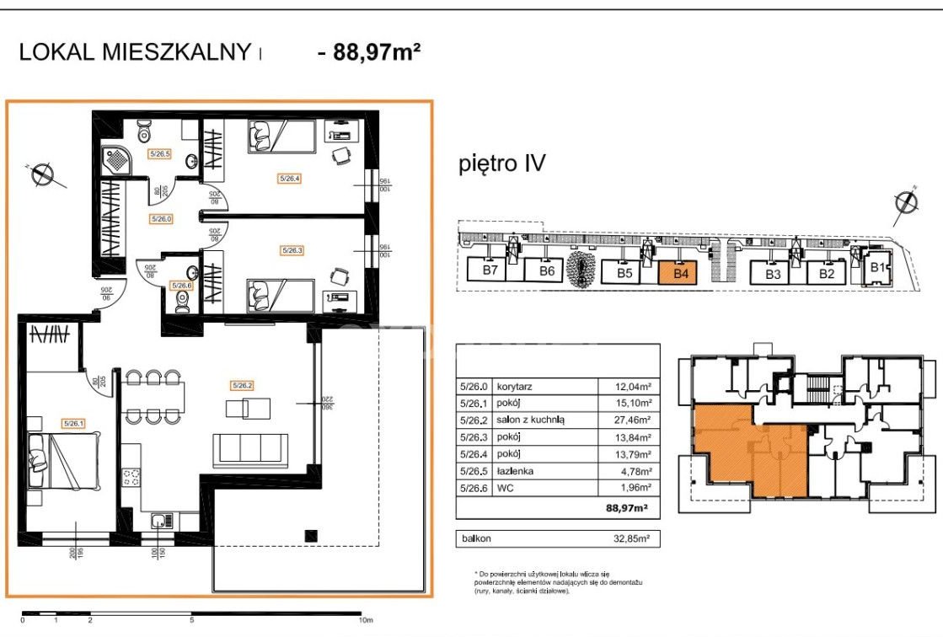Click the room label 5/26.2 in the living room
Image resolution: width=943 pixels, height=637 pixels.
(x=241, y=385)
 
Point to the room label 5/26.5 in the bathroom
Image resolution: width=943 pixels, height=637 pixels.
(x=160, y=154)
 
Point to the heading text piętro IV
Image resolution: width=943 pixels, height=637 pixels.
(x=501, y=163)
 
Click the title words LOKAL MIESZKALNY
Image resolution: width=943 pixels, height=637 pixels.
(x=135, y=52)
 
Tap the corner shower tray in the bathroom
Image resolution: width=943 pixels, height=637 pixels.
(x=113, y=158)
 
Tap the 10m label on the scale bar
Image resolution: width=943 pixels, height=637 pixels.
(x=366, y=620)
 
